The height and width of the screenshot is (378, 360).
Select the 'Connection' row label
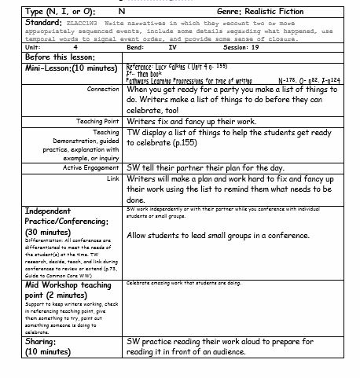tap(103, 90)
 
